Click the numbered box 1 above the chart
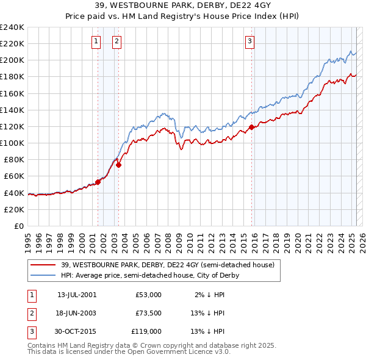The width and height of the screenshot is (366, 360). coord(96,41)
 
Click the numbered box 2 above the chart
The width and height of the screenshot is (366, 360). coord(117,41)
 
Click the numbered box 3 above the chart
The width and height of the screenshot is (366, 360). coord(250,41)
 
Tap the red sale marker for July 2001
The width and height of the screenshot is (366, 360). coord(98,182)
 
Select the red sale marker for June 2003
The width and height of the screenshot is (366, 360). coord(119,164)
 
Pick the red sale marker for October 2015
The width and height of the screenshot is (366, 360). coord(252,127)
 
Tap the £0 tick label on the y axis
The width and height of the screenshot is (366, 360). coord(19,226)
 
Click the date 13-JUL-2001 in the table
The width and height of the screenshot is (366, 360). coord(77,295)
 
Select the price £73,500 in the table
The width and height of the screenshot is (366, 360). coord(148,313)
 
